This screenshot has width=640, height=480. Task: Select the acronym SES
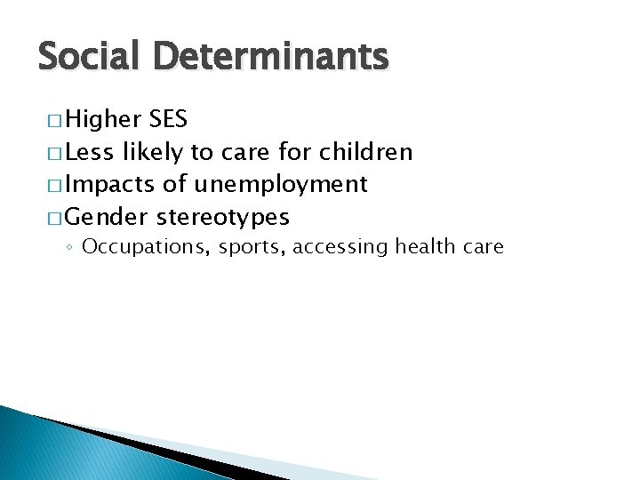point(168,120)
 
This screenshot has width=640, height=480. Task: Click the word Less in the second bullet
point(89,152)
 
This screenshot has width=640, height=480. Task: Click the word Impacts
point(111,184)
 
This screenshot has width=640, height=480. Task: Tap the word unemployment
point(281,185)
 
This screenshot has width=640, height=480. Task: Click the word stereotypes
point(223,217)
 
